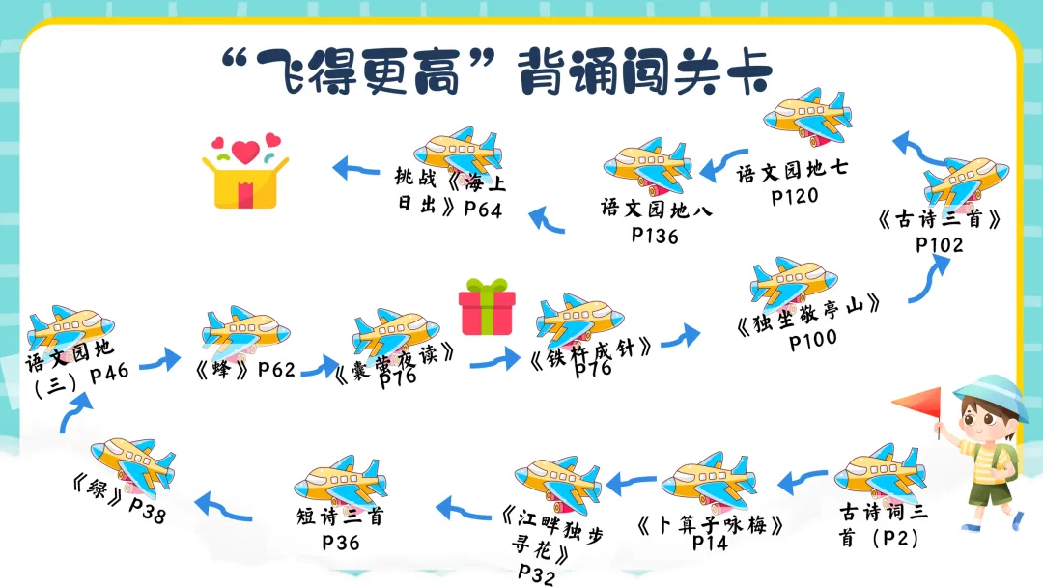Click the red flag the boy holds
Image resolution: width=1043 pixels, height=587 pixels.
point(917,405)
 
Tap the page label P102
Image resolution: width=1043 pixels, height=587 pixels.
point(940,244)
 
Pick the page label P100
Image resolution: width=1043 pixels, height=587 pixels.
point(813,338)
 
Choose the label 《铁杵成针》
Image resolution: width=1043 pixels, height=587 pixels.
point(592,348)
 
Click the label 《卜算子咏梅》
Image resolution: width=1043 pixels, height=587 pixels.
point(710,524)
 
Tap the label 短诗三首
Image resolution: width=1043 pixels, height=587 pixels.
point(340,517)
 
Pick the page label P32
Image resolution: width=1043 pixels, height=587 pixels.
point(537,574)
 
